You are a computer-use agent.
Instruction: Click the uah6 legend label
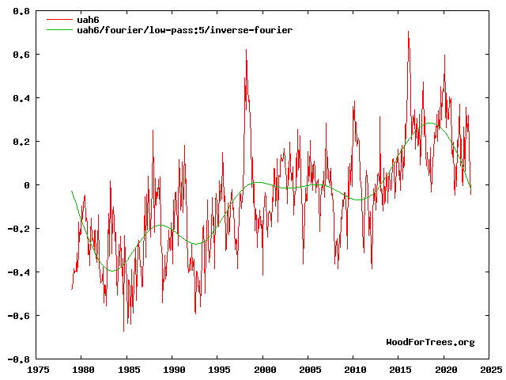[x=88, y=19]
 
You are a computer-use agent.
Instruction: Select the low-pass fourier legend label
[x=184, y=29]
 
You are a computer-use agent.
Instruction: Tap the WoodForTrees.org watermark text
[x=430, y=342]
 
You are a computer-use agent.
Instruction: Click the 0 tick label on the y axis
[x=26, y=185]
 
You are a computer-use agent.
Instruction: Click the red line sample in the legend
[x=60, y=19]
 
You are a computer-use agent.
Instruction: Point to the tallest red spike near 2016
[x=408, y=32]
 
